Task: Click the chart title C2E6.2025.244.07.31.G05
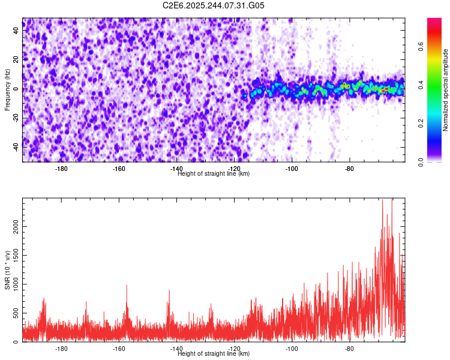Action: point(214,5)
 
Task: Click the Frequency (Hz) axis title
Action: point(7,90)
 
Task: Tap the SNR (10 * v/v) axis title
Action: point(7,270)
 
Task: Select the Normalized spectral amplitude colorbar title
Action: point(446,90)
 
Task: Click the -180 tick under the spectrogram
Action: point(61,168)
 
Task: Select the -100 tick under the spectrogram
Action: point(292,168)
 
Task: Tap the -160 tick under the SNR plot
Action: point(119,348)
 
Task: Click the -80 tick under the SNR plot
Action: point(350,348)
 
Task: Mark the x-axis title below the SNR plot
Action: point(214,354)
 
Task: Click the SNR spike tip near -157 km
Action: point(127,286)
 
